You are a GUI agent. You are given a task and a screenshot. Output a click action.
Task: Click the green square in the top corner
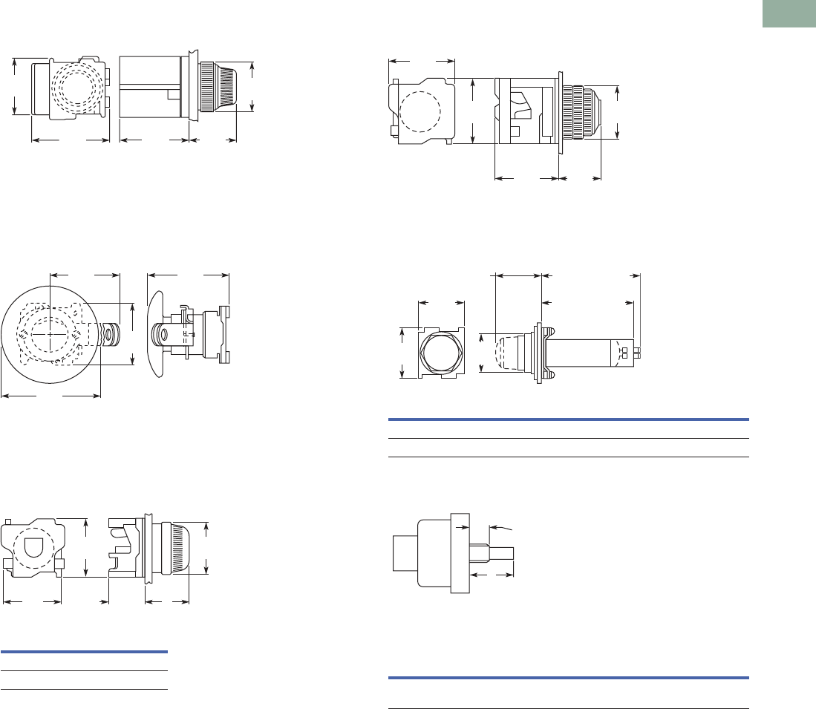(x=790, y=15)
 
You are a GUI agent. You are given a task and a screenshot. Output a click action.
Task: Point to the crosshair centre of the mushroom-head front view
(x=49, y=335)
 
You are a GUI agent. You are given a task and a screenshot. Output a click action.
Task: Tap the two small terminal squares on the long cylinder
(x=624, y=353)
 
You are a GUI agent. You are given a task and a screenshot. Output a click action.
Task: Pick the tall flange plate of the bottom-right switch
(x=460, y=553)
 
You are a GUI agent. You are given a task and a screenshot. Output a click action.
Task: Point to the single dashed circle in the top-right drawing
(x=420, y=112)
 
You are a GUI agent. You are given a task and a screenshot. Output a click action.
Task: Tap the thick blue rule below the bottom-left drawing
(x=84, y=652)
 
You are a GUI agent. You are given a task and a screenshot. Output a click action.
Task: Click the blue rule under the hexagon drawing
(x=569, y=419)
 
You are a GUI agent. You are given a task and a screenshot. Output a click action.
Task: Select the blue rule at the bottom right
(x=569, y=677)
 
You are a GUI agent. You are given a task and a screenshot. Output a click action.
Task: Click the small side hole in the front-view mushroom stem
(x=111, y=336)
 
